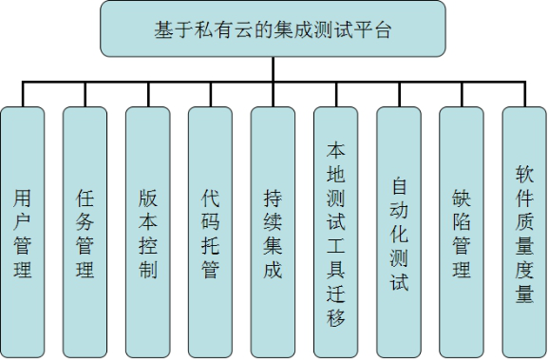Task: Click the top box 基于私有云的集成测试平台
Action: tap(273, 28)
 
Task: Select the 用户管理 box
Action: tap(23, 232)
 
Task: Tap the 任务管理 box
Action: tap(85, 232)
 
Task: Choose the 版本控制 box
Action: tap(148, 232)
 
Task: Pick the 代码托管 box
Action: tap(211, 232)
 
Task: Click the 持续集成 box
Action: tap(274, 232)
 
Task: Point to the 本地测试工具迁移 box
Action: tap(336, 232)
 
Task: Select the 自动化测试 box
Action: tap(399, 232)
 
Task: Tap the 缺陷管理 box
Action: tap(462, 232)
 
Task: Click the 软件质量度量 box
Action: tap(524, 232)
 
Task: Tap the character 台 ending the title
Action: tap(385, 29)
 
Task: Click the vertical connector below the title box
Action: tap(273, 68)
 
